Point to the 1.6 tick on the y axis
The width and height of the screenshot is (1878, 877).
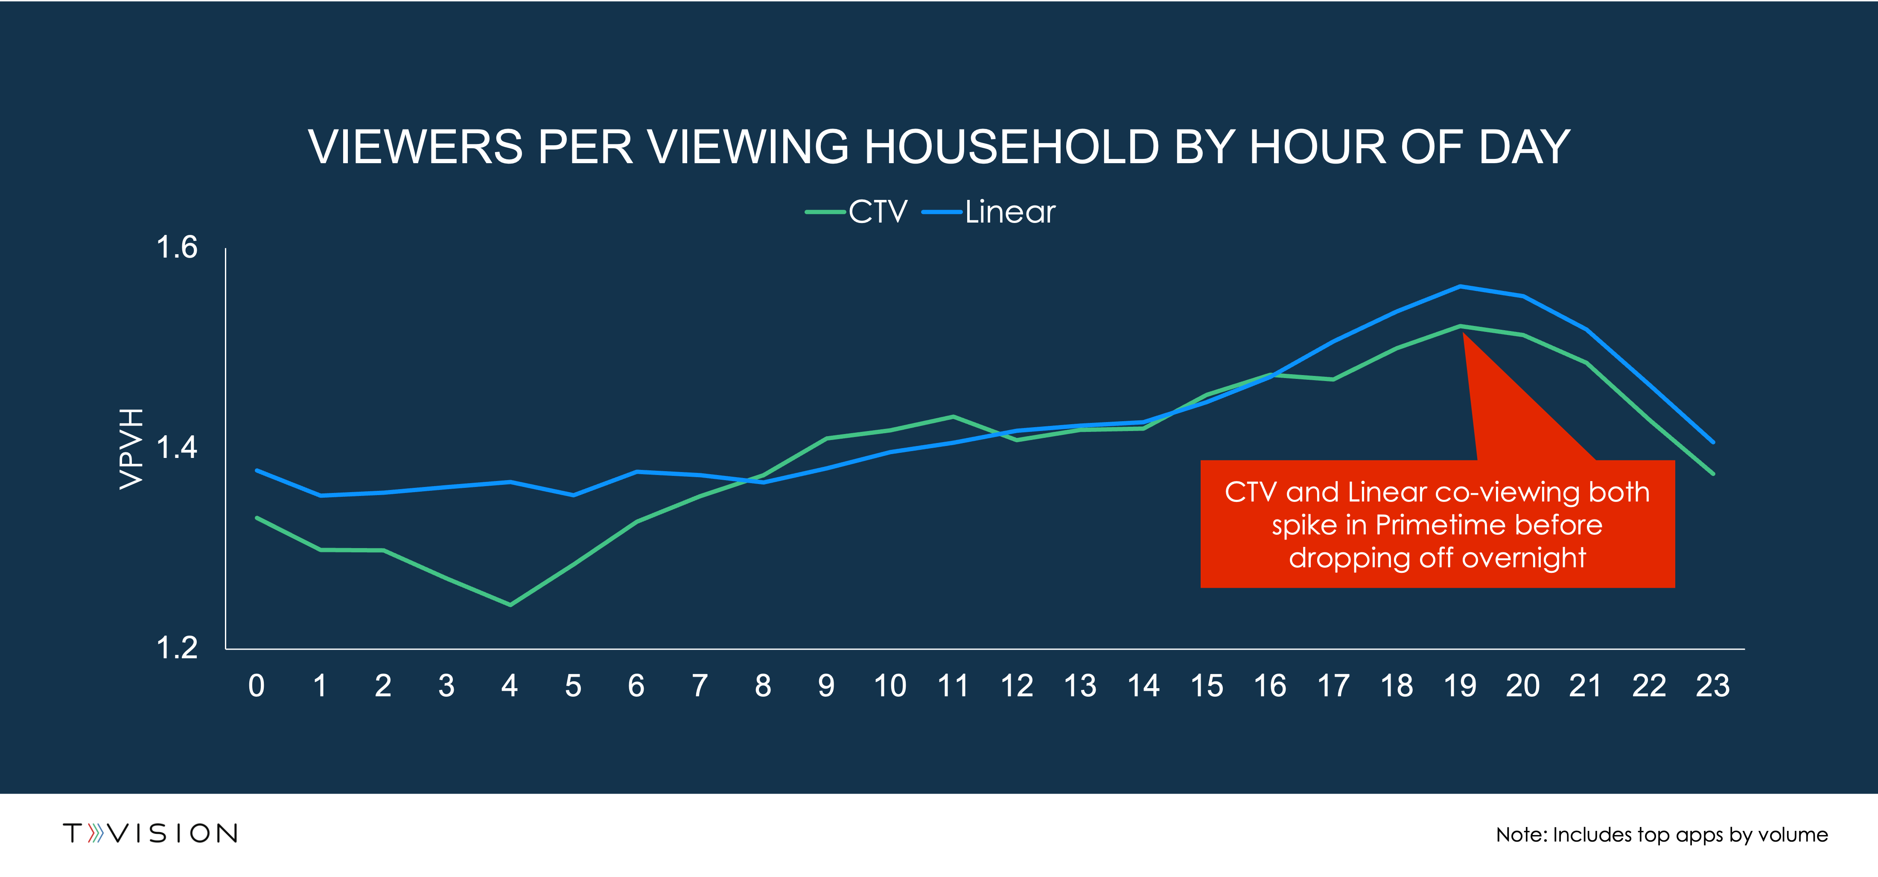(x=177, y=248)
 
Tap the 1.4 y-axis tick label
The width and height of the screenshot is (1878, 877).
(x=177, y=448)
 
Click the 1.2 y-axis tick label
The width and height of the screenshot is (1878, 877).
(x=177, y=648)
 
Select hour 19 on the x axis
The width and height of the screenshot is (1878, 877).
(x=1460, y=686)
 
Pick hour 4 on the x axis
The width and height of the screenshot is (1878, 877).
(x=510, y=686)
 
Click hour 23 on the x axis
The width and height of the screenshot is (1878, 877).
(x=1712, y=686)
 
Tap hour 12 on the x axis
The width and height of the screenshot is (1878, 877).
(x=1016, y=686)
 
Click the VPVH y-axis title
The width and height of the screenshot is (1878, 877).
(x=131, y=448)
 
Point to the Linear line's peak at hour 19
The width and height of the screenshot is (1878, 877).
(x=1460, y=286)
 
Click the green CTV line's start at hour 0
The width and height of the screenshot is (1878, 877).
(x=257, y=518)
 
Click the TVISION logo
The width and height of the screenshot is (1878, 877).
(x=150, y=833)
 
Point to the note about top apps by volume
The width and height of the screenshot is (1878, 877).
(x=1662, y=835)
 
